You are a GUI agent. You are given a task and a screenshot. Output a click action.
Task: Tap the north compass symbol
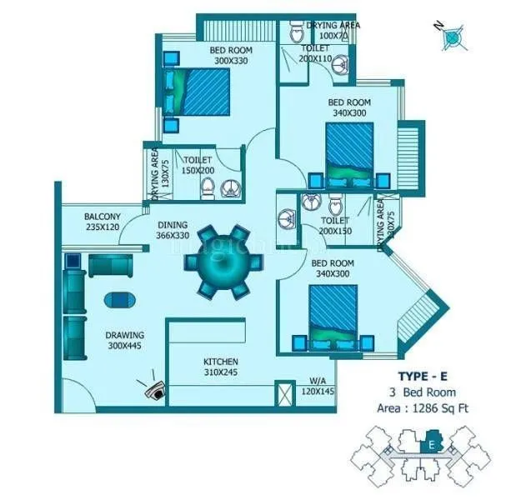(x=452, y=36)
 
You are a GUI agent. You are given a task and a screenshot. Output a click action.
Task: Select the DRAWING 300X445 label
(x=124, y=341)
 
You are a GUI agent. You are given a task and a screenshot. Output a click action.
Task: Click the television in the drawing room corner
(x=153, y=387)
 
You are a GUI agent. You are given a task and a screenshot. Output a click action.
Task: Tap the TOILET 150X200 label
(x=198, y=164)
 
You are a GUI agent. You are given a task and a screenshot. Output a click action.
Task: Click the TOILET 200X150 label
(x=334, y=226)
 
